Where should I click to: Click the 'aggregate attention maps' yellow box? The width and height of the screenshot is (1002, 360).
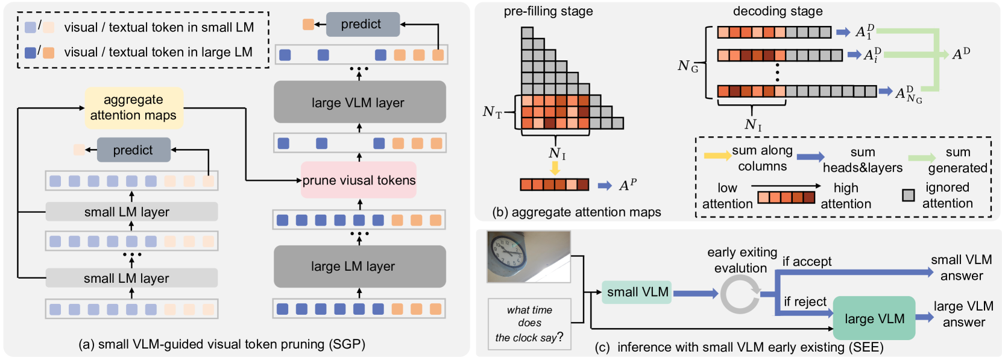133,107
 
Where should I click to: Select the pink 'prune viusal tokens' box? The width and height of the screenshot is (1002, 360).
359,180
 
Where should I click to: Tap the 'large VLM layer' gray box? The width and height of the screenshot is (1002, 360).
359,103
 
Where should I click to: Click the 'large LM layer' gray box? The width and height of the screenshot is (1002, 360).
359,266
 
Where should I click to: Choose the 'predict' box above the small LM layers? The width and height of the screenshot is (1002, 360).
133,150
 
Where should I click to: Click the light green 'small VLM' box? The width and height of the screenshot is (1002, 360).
637,292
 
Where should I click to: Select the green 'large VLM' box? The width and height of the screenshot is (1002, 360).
874,318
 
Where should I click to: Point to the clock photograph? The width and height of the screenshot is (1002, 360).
529,257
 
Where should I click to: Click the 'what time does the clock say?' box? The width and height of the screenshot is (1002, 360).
529,324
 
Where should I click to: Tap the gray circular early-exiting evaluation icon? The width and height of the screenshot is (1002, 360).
740,294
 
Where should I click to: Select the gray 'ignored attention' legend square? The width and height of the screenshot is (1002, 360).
908,195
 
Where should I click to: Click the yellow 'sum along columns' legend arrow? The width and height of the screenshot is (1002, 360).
717,156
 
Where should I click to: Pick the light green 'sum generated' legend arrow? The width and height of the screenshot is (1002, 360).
921,158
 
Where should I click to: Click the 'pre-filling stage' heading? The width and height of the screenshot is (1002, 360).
548,11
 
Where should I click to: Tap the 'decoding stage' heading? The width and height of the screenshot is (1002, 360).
777,11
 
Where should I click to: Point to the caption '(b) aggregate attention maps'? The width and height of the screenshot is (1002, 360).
576,212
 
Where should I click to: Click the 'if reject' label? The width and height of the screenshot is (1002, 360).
805,302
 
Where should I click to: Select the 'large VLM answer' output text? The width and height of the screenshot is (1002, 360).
963,314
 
